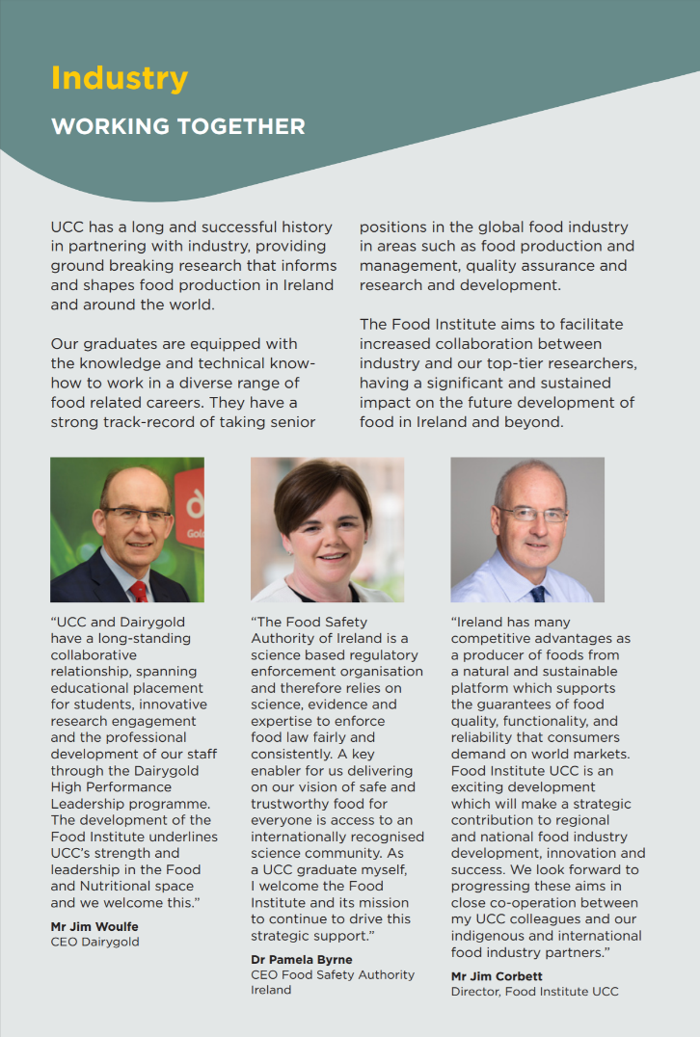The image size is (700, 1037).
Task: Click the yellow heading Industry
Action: point(120,77)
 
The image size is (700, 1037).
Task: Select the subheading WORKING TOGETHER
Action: point(178,126)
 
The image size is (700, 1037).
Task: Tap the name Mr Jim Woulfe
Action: point(95,926)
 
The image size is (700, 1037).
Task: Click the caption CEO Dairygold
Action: point(94,942)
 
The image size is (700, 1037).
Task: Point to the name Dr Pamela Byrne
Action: point(301,959)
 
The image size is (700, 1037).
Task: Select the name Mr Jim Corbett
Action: point(497,976)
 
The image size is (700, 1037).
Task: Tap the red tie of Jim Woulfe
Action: point(139,589)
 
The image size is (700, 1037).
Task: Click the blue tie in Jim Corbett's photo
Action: point(537,592)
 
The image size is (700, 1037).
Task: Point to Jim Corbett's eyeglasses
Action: point(531,514)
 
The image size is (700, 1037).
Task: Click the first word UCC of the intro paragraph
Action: point(67,227)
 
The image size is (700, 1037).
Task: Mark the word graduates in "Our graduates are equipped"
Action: point(119,344)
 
